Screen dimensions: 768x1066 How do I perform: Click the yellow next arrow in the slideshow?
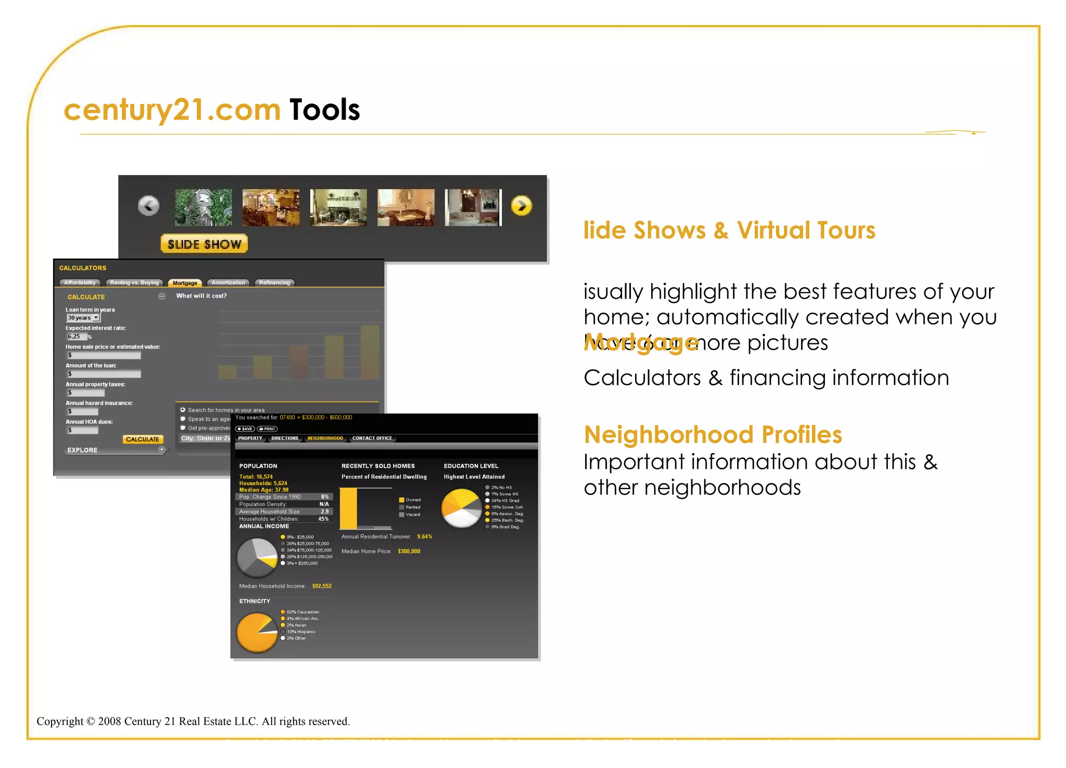tap(521, 206)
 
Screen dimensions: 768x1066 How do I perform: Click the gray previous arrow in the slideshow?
tap(148, 206)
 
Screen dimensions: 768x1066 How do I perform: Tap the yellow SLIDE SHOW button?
tap(204, 244)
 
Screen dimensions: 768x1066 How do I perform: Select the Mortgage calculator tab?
tap(185, 283)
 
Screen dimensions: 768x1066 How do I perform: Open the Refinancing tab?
tap(274, 283)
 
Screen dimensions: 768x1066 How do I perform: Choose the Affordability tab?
tap(80, 283)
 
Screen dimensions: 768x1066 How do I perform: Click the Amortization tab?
tap(228, 283)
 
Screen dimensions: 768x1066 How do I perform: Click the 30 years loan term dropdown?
tap(83, 318)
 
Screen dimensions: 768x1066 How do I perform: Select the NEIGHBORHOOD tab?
tap(325, 438)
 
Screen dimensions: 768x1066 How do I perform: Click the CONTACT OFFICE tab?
tap(372, 438)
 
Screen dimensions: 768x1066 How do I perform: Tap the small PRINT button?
tap(268, 429)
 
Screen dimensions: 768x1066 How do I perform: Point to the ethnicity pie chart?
tap(257, 632)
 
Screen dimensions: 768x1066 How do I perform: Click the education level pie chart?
tap(461, 508)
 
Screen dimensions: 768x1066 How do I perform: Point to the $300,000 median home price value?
tap(409, 552)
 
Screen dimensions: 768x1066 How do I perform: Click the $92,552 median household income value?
tap(322, 586)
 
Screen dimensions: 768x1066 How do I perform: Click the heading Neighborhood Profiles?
tap(713, 435)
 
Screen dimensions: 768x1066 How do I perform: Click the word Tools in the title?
tap(324, 110)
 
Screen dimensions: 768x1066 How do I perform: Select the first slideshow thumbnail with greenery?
tap(204, 207)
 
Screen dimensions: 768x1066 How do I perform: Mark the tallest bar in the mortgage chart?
tap(370, 352)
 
